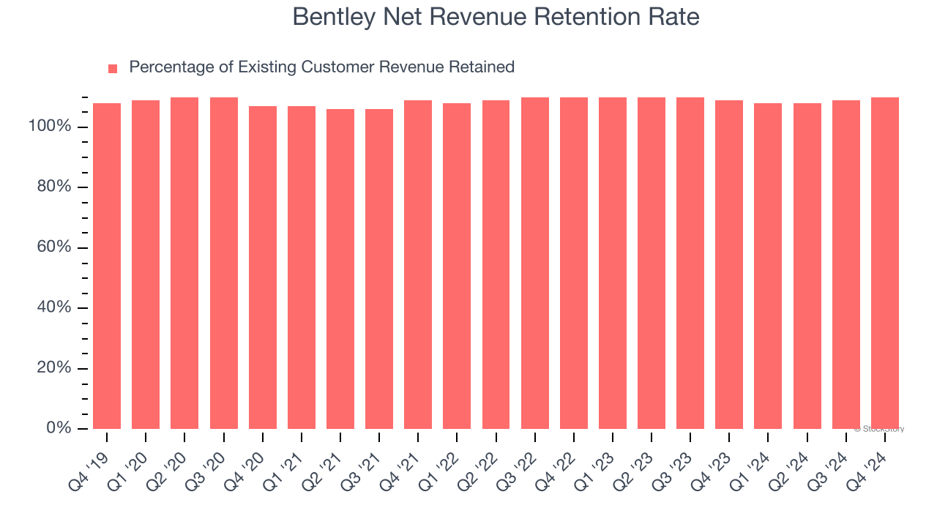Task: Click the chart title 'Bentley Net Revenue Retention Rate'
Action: tap(496, 17)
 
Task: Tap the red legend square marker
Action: tap(113, 68)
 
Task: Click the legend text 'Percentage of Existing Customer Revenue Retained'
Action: tap(321, 67)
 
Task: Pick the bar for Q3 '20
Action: tap(223, 263)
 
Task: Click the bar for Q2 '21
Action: tap(340, 269)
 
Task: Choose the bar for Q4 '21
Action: tap(418, 264)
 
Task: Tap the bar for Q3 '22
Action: tap(534, 263)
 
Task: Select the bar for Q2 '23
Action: tap(652, 263)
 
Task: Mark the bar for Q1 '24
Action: tap(768, 266)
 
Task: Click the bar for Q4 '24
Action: tap(884, 263)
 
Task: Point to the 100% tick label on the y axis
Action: tap(51, 127)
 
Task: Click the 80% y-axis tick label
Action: tap(54, 187)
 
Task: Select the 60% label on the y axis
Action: tap(54, 247)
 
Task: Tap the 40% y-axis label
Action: tap(54, 307)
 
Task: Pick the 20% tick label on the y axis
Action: tap(54, 368)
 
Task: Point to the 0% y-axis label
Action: tap(58, 428)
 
